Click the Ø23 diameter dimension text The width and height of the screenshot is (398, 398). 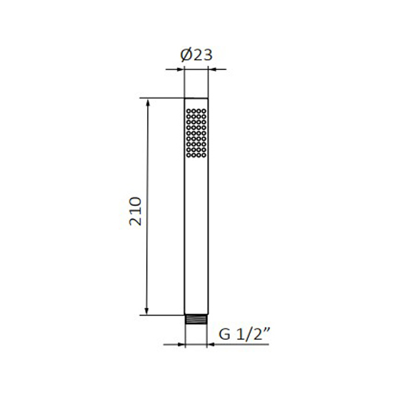(x=196, y=55)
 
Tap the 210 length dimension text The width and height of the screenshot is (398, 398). (x=135, y=211)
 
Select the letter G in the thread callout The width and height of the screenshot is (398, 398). (x=224, y=334)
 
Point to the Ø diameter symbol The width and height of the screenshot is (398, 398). (x=186, y=55)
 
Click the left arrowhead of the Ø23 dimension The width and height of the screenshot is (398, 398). (x=180, y=69)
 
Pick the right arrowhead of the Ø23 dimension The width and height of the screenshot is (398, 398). (x=212, y=69)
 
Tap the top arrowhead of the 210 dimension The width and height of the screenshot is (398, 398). (x=148, y=102)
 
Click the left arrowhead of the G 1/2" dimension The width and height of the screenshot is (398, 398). (x=181, y=344)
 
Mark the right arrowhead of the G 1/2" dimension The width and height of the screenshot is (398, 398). (x=211, y=344)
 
